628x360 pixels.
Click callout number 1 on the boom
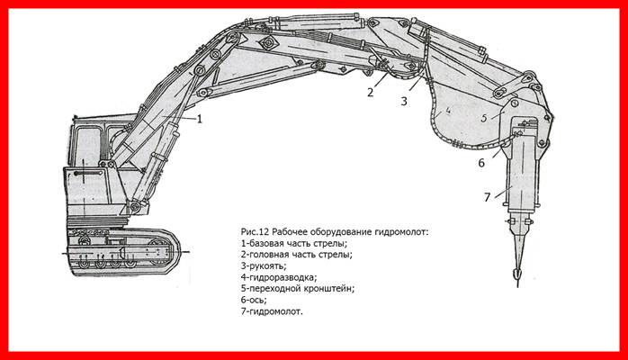200,118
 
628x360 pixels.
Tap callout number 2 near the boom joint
370,91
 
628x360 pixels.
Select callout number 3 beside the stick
404,102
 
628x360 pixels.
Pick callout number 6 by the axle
481,163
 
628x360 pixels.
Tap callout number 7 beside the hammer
487,197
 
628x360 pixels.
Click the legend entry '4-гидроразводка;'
279,278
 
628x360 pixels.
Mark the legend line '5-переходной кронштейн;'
301,289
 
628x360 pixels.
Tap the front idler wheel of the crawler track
170,246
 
